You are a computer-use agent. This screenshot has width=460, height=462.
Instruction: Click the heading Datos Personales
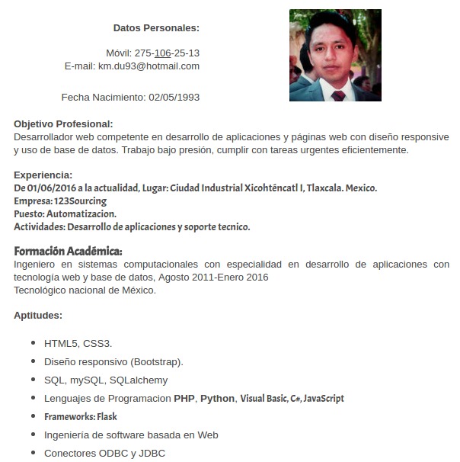tap(156, 28)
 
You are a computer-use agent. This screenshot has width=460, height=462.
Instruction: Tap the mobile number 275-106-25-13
tap(167, 53)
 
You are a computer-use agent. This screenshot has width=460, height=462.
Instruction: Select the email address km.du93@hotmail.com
tap(149, 66)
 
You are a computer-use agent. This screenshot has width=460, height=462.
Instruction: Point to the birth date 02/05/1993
tap(174, 98)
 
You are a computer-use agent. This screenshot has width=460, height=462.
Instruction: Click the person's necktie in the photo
tap(338, 95)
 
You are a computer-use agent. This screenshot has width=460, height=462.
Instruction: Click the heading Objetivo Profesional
tap(63, 124)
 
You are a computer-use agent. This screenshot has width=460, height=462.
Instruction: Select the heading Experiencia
tap(43, 175)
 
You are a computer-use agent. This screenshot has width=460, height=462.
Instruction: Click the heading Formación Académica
tap(68, 251)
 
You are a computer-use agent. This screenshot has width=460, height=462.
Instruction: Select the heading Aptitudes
tap(38, 315)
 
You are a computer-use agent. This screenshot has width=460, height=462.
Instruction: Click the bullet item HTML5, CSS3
tap(78, 344)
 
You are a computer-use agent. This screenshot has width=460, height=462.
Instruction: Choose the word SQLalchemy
tap(139, 380)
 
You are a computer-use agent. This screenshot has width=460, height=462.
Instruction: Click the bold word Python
tap(217, 399)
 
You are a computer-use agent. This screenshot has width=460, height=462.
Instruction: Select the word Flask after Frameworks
tap(107, 417)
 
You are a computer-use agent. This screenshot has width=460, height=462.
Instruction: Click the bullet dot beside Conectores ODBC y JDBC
tap(34, 454)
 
